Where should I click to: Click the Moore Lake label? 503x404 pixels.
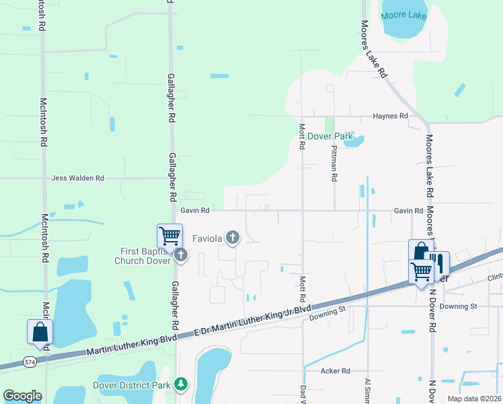403,15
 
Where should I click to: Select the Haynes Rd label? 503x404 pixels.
390,116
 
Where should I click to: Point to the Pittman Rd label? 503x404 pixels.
334,164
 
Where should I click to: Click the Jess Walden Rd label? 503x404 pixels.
78,178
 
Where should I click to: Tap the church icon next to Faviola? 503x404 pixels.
233,236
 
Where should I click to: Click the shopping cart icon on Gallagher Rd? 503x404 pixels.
170,236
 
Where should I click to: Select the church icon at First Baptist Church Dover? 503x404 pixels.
180,255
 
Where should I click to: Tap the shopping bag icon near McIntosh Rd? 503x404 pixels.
40,331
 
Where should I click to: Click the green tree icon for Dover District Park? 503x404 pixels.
180,384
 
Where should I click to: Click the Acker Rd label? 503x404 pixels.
336,371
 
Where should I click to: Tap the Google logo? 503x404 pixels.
22,396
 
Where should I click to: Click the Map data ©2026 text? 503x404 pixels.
473,398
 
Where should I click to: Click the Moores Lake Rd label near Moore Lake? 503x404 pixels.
375,48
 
